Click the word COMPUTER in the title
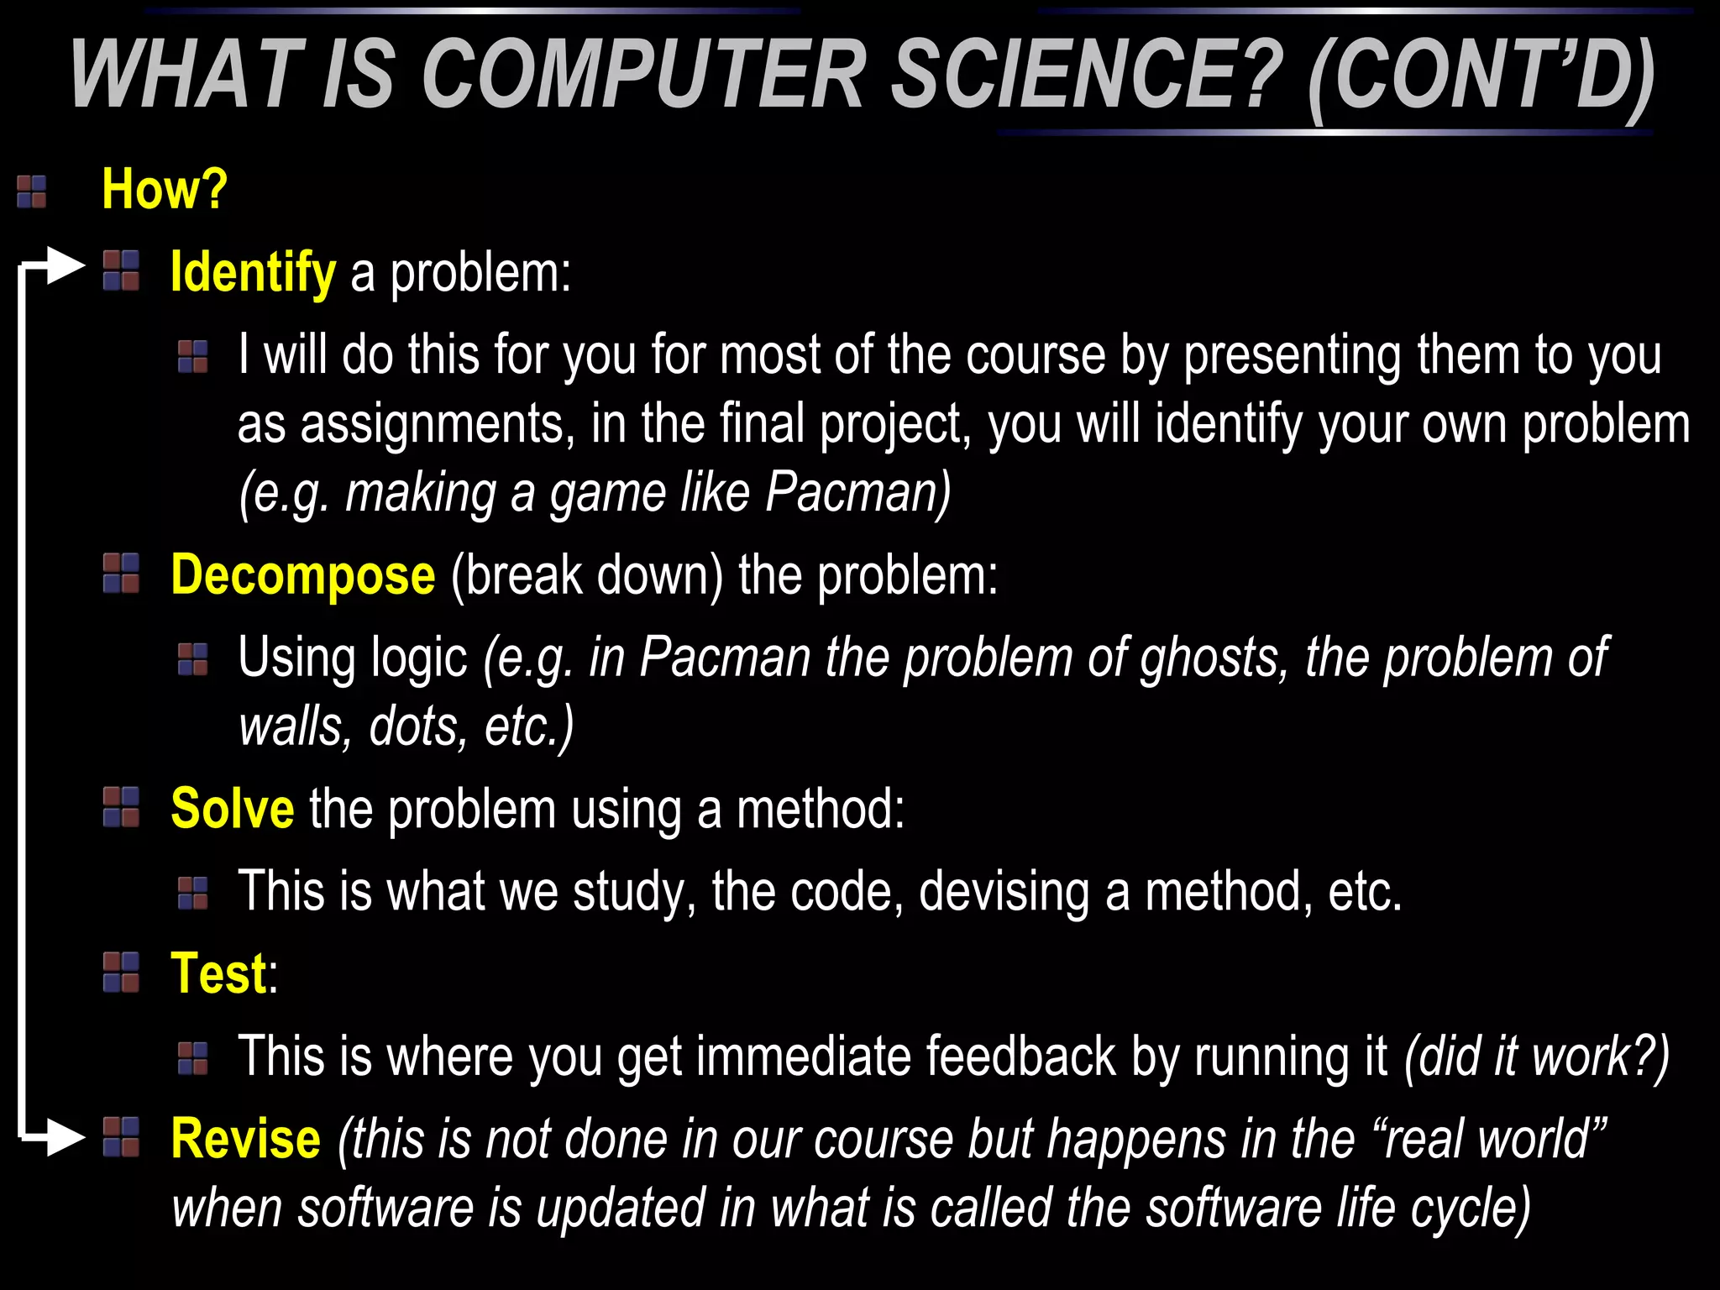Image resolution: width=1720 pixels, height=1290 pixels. (647, 76)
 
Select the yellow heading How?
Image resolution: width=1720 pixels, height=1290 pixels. (165, 189)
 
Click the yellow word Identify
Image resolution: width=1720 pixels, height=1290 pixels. (253, 273)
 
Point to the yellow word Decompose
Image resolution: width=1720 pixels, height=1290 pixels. (303, 575)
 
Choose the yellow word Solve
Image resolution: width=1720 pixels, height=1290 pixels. (233, 809)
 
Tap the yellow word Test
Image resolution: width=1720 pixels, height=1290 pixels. (219, 973)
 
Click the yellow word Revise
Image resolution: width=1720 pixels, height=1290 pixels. (246, 1140)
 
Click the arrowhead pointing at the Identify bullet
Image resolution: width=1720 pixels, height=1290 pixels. (66, 266)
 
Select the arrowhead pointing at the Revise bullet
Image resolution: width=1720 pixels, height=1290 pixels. (66, 1138)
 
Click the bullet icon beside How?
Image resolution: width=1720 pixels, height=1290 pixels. (32, 191)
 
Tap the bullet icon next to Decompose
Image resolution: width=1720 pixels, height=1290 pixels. (121, 574)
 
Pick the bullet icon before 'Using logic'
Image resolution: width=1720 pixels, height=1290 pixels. (193, 659)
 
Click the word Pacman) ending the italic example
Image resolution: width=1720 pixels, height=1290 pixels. (857, 492)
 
